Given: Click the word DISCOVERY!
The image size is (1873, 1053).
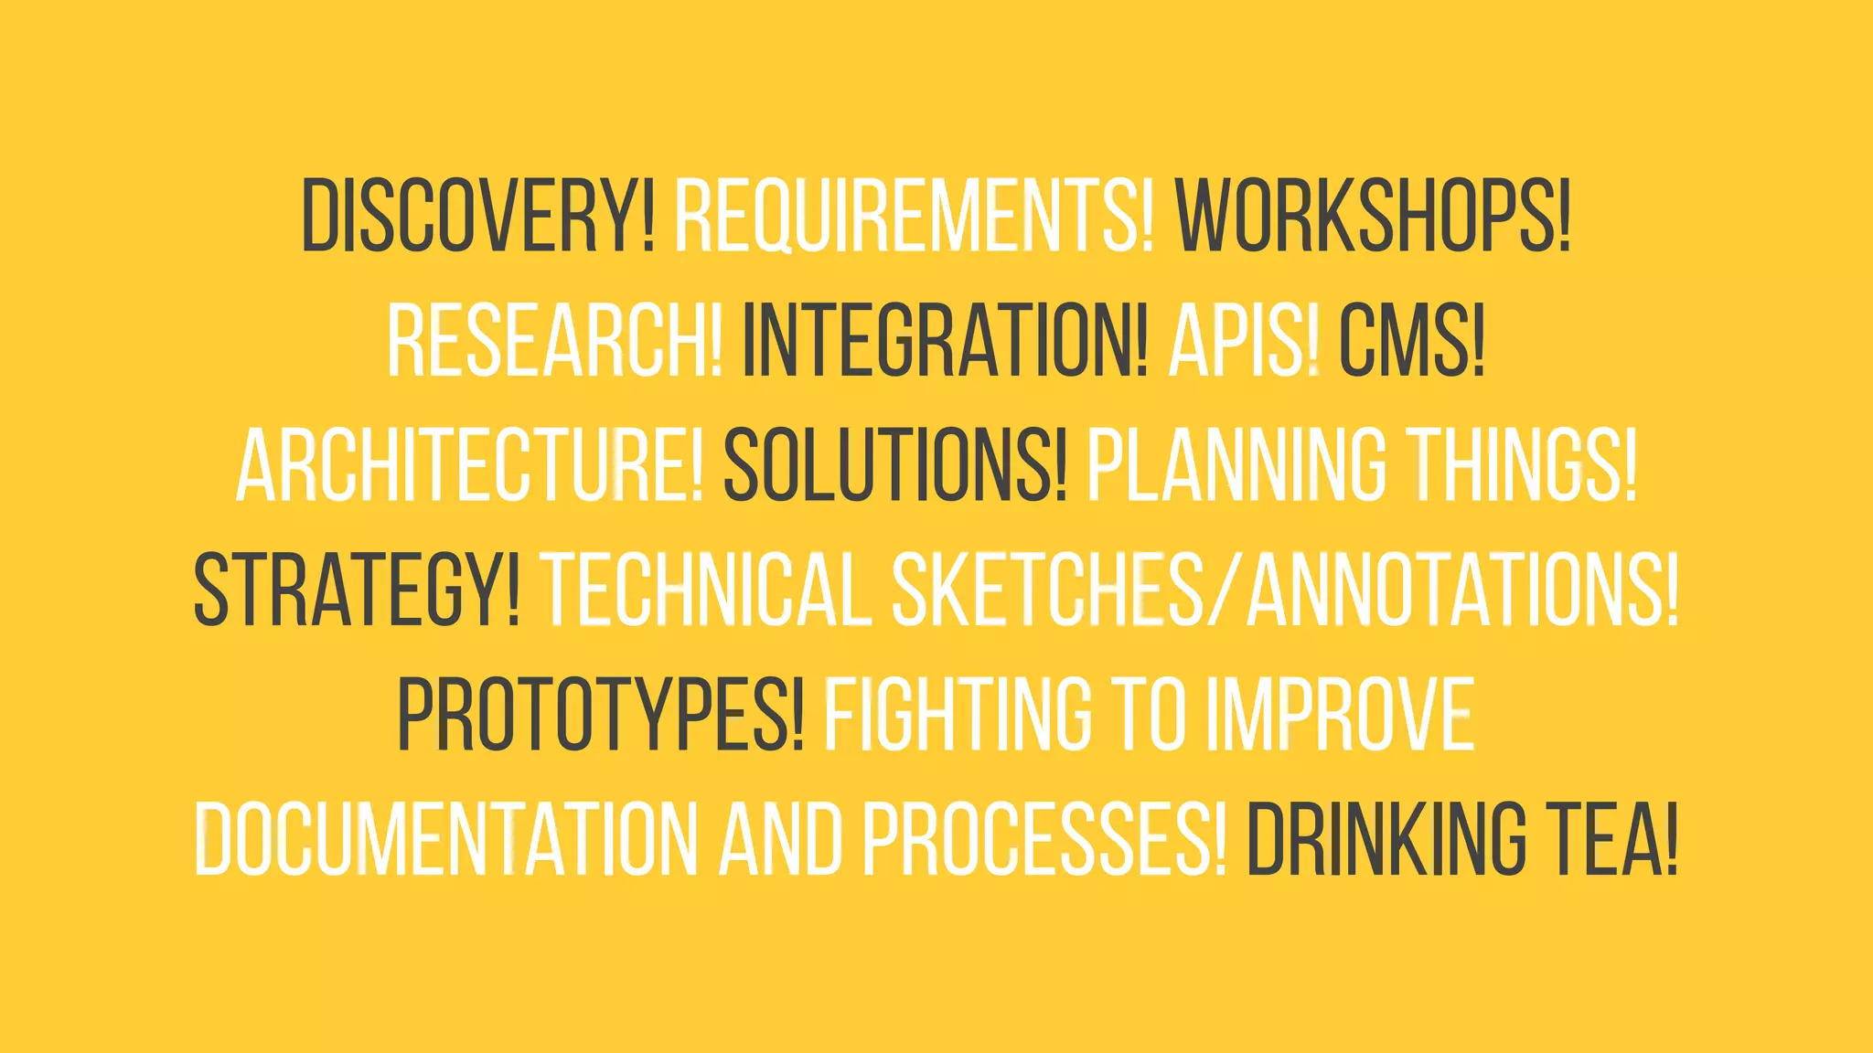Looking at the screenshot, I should (x=478, y=217).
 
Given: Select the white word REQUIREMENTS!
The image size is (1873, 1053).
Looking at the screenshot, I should (x=913, y=217).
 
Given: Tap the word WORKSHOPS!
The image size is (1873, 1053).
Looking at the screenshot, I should (x=1373, y=217).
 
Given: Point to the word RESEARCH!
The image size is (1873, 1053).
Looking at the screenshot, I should (x=554, y=341).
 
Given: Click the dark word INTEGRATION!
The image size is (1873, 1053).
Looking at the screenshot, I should (x=945, y=341).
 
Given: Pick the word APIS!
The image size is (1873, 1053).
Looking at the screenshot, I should (x=1244, y=341).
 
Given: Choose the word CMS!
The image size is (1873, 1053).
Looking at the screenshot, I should (x=1411, y=341).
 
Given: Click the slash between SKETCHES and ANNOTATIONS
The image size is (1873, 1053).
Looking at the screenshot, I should (x=1225, y=591).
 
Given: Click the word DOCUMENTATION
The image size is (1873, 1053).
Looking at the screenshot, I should (x=444, y=838).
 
